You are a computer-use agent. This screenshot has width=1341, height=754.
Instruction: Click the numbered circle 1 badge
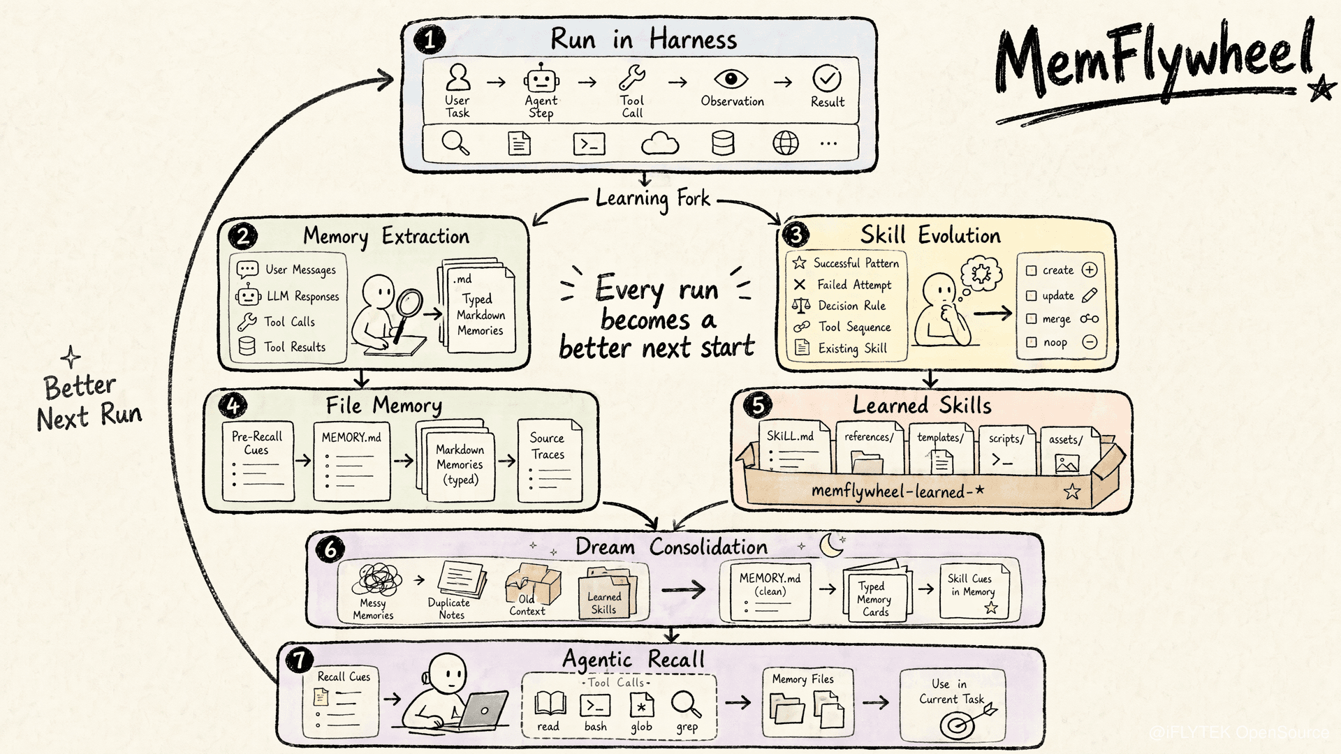pyautogui.click(x=429, y=40)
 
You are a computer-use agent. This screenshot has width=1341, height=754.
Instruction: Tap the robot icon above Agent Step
pyautogui.click(x=541, y=78)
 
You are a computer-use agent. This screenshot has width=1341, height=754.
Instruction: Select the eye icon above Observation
pyautogui.click(x=731, y=79)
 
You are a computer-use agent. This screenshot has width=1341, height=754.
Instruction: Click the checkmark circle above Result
pyautogui.click(x=827, y=79)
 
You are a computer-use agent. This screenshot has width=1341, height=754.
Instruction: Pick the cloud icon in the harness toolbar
pyautogui.click(x=660, y=144)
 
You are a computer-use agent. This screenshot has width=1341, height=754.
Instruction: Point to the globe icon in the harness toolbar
pyautogui.click(x=786, y=144)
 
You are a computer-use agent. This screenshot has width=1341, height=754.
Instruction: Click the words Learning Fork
pyautogui.click(x=653, y=199)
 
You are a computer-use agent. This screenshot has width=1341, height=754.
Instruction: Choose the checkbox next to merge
pyautogui.click(x=1031, y=318)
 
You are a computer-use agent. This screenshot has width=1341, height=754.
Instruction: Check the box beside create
pyautogui.click(x=1031, y=270)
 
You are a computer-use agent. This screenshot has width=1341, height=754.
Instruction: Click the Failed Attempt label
pyautogui.click(x=854, y=285)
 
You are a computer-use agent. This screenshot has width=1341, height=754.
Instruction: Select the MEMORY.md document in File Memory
pyautogui.click(x=351, y=461)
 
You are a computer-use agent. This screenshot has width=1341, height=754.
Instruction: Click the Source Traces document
pyautogui.click(x=550, y=461)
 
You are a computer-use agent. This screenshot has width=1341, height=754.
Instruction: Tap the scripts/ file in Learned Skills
pyautogui.click(x=1006, y=450)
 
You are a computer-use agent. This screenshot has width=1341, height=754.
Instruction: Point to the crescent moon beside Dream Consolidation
pyautogui.click(x=832, y=545)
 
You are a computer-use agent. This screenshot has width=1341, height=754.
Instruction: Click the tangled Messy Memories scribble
pyautogui.click(x=378, y=579)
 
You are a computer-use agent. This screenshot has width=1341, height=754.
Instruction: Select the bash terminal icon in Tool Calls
pyautogui.click(x=595, y=705)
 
